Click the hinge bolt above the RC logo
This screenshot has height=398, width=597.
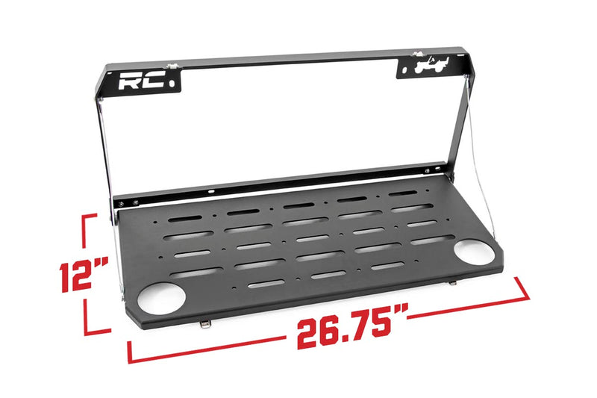click(x=173, y=67)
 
